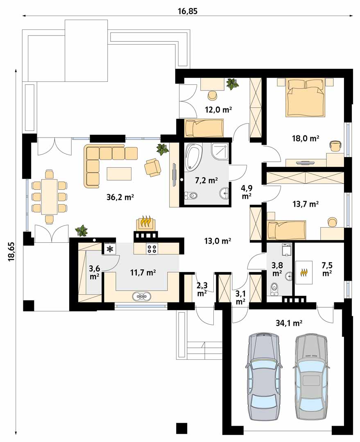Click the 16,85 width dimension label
[x=188, y=11]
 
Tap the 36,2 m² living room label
[x=120, y=197]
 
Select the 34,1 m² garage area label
[x=289, y=323]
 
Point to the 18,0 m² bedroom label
[x=306, y=138]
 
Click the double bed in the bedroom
[x=305, y=97]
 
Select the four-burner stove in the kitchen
[x=152, y=248]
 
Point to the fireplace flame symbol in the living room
[x=145, y=221]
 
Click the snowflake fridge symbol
[x=109, y=249]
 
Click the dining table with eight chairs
[x=50, y=196]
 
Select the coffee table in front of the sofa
[x=119, y=174]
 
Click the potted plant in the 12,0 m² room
[x=232, y=84]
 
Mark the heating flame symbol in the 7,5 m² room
[x=304, y=272]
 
